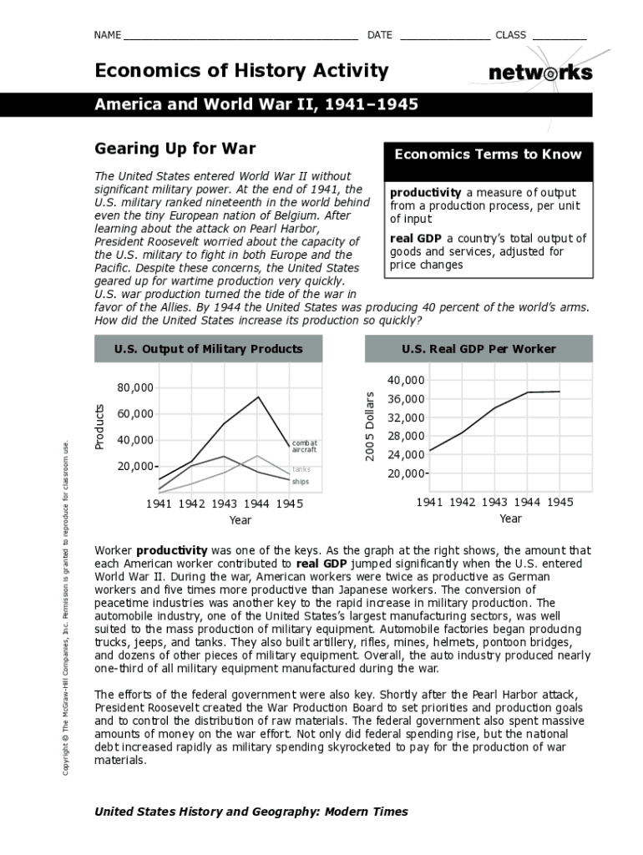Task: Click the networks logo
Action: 540,73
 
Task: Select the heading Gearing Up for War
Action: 175,149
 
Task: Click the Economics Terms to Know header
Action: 488,154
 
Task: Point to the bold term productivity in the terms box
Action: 425,193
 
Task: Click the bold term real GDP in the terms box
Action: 416,239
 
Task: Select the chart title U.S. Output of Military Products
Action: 208,349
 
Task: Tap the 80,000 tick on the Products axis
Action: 135,388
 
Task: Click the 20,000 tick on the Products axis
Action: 135,466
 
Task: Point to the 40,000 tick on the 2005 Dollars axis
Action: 407,381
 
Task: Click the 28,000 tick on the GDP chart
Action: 407,437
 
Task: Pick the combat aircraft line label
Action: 304,447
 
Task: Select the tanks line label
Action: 301,469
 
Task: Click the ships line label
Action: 301,482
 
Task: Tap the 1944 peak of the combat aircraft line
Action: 259,397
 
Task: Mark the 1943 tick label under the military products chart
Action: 224,503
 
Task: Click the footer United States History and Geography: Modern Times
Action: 251,812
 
